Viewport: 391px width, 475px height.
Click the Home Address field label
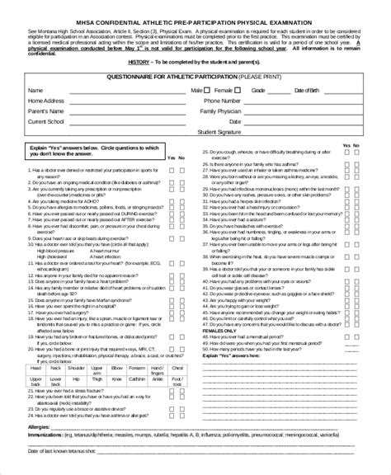click(46, 99)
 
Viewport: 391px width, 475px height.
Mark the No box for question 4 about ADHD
click(183, 201)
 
